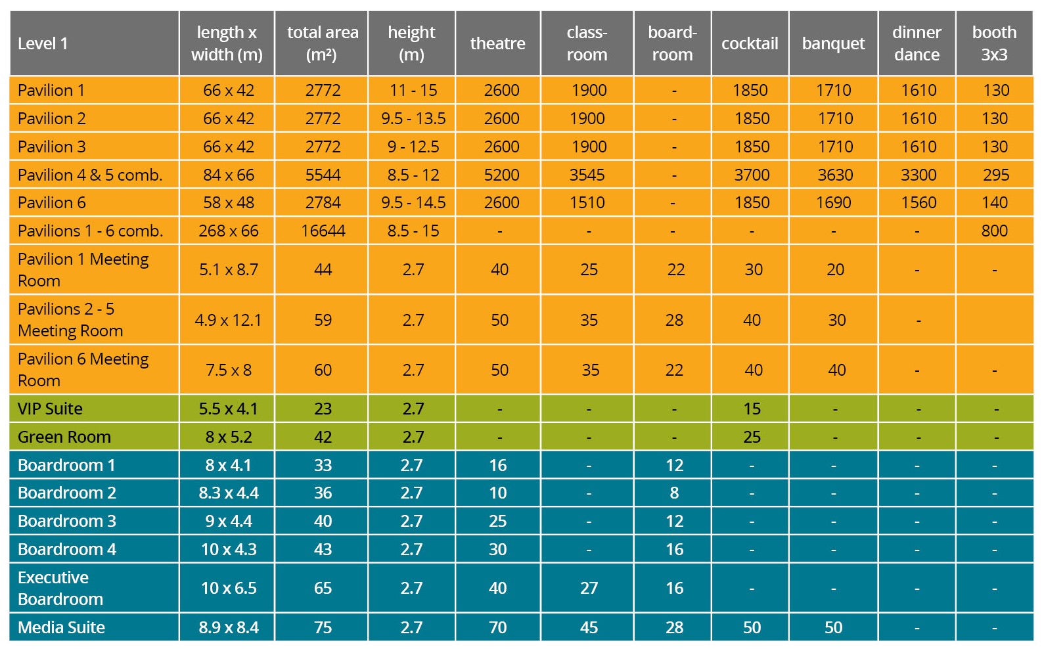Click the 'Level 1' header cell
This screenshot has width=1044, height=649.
click(43, 43)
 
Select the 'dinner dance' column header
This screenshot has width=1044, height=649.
click(917, 43)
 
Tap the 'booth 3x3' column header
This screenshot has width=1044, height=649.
click(994, 43)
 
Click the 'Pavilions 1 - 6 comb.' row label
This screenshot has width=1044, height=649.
click(90, 231)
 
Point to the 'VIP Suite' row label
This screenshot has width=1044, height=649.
click(50, 409)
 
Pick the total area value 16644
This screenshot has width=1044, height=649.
click(323, 231)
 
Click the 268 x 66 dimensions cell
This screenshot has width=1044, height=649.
click(228, 231)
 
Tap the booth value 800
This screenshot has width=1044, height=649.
click(994, 231)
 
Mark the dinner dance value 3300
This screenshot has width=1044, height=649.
click(918, 175)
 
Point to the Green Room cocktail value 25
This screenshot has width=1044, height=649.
click(752, 437)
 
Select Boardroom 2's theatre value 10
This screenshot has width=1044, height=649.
click(497, 493)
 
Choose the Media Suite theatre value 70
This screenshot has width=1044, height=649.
click(497, 627)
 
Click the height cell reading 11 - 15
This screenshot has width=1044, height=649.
click(413, 90)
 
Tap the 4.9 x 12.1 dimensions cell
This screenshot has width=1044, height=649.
click(228, 320)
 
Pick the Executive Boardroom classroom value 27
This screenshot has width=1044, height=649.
click(589, 588)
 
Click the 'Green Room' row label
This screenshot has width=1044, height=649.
click(64, 437)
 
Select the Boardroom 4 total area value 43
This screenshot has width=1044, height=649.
click(323, 549)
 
